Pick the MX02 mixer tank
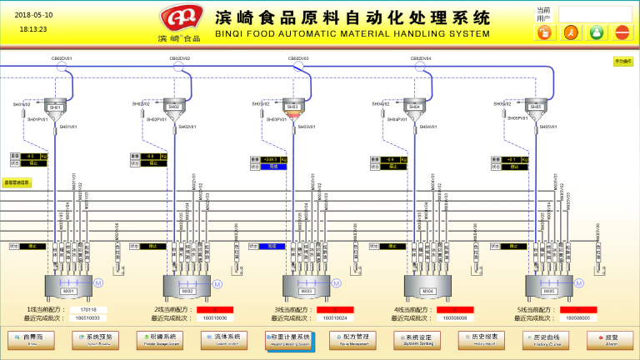187,288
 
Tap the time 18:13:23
33,28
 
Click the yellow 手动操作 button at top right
622,61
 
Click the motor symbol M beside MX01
97,282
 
